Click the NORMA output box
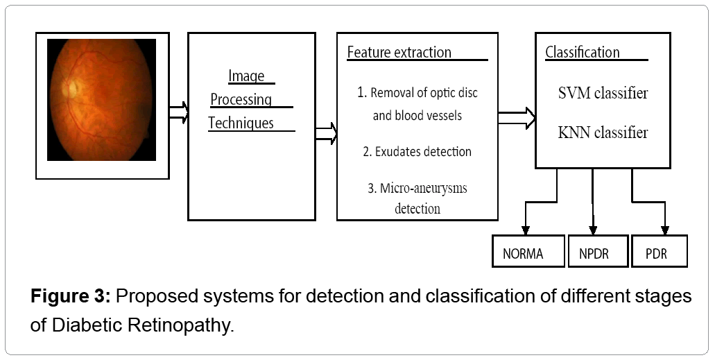coord(528,251)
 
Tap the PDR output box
coord(660,251)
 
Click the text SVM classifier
coord(603,93)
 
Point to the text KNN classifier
coord(603,132)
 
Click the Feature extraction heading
coord(399,52)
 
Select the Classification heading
coord(583,52)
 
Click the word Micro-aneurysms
coord(424,189)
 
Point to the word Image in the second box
coord(246,76)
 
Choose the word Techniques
coord(241,123)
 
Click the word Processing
coord(241,99)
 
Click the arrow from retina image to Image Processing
coord(178,112)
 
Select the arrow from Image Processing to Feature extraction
coord(326,134)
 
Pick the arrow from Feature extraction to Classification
coord(517,118)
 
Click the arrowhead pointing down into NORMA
coord(526,230)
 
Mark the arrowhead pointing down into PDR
coord(665,230)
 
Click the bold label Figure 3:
coord(71,297)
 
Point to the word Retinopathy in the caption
coord(180,326)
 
